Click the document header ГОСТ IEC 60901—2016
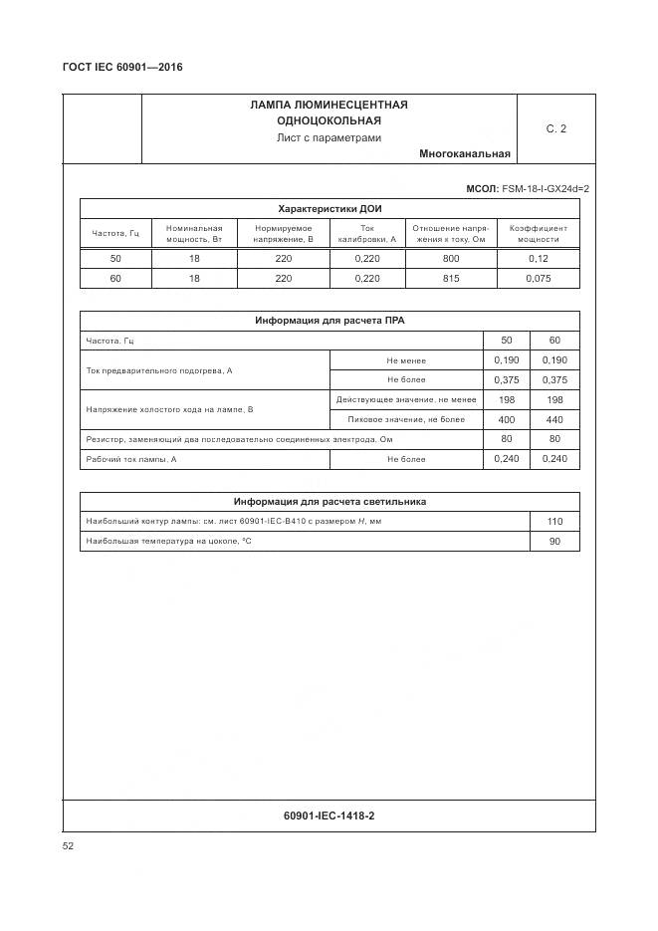point(122,67)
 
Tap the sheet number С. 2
point(555,128)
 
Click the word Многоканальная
point(465,154)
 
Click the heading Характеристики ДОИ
point(329,209)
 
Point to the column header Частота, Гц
point(115,233)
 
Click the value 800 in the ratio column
point(450,259)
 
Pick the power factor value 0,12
point(538,259)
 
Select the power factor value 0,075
point(538,279)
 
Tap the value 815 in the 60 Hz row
point(450,279)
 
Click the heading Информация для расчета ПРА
point(329,322)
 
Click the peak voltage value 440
point(554,419)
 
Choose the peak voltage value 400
point(507,419)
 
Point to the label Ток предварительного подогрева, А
point(159,370)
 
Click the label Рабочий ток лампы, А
point(131,459)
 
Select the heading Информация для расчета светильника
point(329,502)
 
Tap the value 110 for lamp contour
point(554,522)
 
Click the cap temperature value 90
point(554,542)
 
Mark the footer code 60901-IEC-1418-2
point(329,816)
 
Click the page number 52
point(68,846)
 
